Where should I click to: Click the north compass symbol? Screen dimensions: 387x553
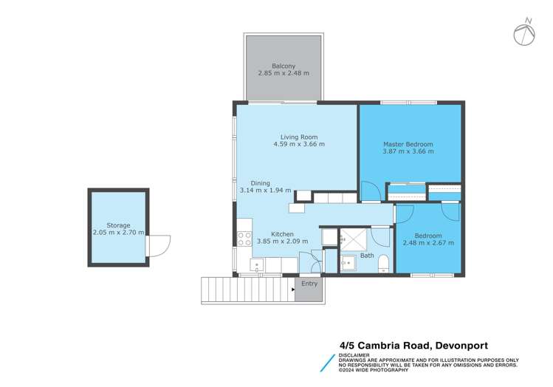click(525, 32)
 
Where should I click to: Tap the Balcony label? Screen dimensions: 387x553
click(284, 65)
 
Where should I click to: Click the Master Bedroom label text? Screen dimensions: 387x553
click(408, 143)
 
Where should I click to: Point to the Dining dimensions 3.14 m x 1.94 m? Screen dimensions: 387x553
click(265, 191)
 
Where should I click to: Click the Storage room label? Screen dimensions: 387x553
click(117, 225)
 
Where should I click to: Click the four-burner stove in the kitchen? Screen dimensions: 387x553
click(244, 239)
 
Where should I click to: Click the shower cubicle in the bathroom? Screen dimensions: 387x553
click(353, 238)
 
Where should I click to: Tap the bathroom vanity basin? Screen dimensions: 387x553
click(347, 264)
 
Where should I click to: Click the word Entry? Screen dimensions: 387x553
click(309, 284)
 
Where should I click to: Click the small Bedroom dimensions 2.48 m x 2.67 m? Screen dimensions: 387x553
click(428, 242)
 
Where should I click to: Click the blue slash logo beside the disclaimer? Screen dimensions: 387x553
click(325, 363)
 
